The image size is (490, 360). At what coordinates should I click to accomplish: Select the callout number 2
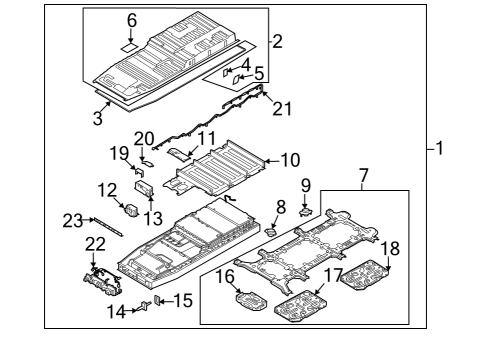point(277,42)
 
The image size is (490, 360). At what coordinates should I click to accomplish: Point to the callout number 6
point(129,20)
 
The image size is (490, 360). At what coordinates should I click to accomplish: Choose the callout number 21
point(282,108)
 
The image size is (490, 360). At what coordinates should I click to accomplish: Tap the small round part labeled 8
point(269,229)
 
